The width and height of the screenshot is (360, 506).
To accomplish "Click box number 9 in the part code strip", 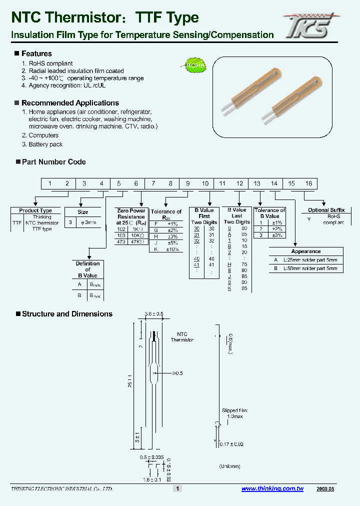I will click(x=188, y=183).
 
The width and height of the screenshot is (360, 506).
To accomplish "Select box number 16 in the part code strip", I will click(x=308, y=183).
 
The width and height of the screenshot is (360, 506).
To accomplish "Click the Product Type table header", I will click(x=35, y=211).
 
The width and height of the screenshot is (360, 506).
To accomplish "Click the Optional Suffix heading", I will click(x=326, y=210).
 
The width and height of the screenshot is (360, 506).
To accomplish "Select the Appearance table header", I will click(x=306, y=251).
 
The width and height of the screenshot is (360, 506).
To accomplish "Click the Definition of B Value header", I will click(x=87, y=269).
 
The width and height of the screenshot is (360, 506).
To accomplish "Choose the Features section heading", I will click(x=36, y=53).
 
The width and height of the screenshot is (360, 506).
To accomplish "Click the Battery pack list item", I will click(x=45, y=144).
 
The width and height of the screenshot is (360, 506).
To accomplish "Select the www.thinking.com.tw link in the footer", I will click(x=272, y=489).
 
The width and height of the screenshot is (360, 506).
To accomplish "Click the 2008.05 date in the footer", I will click(x=325, y=489).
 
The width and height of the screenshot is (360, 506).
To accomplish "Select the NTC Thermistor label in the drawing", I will click(x=182, y=336).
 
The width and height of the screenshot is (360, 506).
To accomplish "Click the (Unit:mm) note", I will click(x=230, y=466).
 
